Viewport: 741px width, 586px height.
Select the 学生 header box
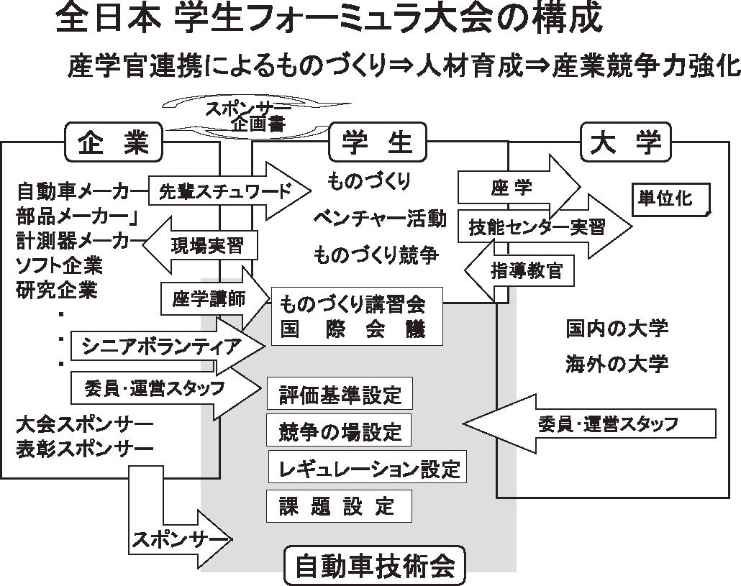tap(378, 142)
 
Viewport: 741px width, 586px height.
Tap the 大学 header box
tap(624, 142)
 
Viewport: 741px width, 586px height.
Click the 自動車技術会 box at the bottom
tap(374, 566)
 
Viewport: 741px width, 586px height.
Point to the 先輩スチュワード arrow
tap(227, 191)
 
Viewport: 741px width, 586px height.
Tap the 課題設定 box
tap(339, 506)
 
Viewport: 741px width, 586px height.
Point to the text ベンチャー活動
tap(380, 217)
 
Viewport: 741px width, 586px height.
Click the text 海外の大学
tap(617, 363)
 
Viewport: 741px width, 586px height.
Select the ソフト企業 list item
tap(59, 266)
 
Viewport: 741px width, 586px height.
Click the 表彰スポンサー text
tap(84, 448)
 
